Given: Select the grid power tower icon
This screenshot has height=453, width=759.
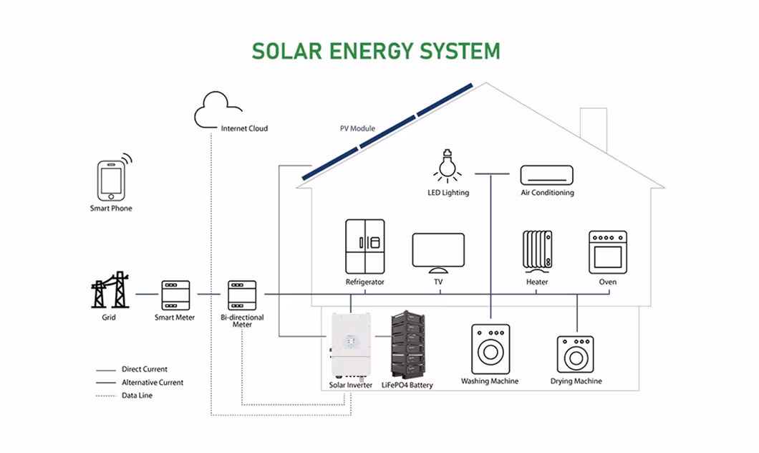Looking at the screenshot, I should pyautogui.click(x=110, y=290).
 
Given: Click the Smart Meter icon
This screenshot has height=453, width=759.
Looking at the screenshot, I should pyautogui.click(x=175, y=295).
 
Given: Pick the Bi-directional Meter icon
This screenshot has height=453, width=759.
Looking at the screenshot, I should pyautogui.click(x=242, y=295).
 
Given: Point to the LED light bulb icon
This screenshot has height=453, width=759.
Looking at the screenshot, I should pyautogui.click(x=448, y=166).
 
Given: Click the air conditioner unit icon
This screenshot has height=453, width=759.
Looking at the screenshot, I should pyautogui.click(x=546, y=174).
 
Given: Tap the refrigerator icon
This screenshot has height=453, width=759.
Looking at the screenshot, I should pyautogui.click(x=364, y=246).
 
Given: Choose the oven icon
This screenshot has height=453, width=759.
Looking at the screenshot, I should pyautogui.click(x=607, y=252).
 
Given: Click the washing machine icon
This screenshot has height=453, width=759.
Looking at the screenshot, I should pyautogui.click(x=490, y=349).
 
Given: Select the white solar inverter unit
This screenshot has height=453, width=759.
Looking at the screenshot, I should pyautogui.click(x=350, y=344).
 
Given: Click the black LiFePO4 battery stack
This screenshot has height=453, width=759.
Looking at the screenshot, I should pyautogui.click(x=409, y=344).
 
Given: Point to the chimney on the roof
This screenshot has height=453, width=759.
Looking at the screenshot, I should pyautogui.click(x=593, y=129).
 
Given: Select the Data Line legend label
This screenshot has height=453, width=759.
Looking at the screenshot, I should pyautogui.click(x=137, y=396).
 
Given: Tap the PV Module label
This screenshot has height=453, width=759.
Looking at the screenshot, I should pyautogui.click(x=357, y=129).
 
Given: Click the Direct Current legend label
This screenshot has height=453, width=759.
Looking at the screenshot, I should pyautogui.click(x=145, y=370).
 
